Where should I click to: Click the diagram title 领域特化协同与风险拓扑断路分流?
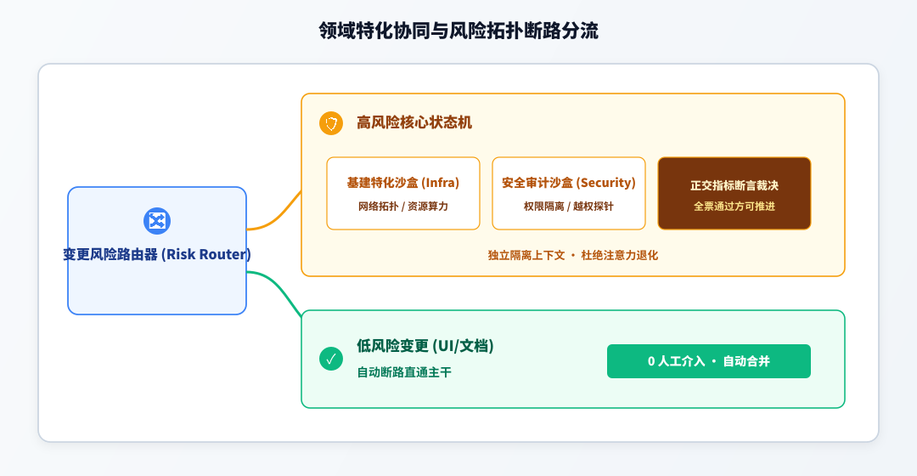[458, 31]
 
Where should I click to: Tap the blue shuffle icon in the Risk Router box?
[157, 221]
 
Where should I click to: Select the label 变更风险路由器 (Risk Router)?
[157, 254]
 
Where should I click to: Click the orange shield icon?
[331, 123]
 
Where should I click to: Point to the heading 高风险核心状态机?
[414, 122]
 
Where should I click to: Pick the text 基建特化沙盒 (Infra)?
[403, 183]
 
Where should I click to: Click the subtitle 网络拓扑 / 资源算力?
[403, 206]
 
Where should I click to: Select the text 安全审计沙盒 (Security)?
[568, 183]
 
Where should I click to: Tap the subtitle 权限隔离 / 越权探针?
[568, 206]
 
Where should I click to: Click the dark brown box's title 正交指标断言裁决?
[734, 185]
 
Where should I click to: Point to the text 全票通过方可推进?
[734, 206]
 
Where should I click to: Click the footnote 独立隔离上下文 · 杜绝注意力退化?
[572, 255]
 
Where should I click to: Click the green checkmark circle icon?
[331, 359]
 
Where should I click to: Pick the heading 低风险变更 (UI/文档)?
[425, 346]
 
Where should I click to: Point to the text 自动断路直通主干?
[404, 372]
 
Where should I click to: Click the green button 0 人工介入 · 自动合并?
[709, 361]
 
